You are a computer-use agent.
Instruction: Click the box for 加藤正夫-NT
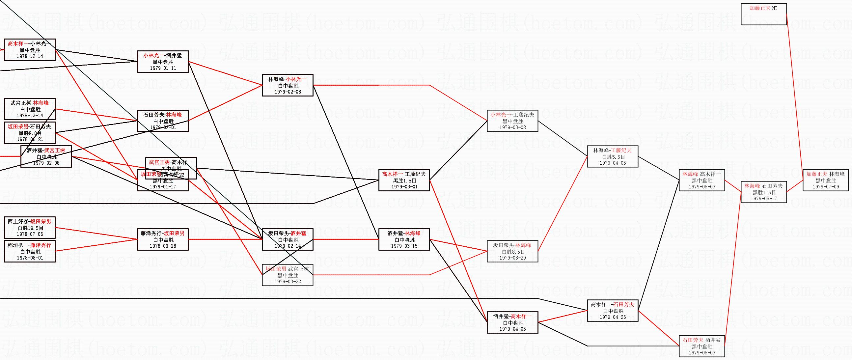763,14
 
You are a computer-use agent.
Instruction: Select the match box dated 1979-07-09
826,180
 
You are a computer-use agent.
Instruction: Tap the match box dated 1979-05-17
763,192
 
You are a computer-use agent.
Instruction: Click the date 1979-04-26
612,317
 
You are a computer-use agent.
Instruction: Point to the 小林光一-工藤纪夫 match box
512,121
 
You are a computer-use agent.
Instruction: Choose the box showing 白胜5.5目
612,156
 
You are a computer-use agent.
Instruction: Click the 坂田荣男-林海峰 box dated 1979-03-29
512,251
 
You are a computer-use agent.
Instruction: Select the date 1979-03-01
404,187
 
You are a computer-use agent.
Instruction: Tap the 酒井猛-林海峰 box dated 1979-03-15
404,239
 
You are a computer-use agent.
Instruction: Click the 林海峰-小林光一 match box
288,85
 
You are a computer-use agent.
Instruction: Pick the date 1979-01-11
163,68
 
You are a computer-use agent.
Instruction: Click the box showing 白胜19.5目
29,228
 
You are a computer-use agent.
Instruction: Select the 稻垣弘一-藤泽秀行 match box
29,251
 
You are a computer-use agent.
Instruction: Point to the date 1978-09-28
163,246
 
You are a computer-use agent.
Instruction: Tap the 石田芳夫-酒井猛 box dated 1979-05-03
702,346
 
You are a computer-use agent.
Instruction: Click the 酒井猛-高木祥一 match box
512,322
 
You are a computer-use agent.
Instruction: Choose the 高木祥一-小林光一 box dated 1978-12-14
29,50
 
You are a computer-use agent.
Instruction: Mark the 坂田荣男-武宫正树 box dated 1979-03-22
288,275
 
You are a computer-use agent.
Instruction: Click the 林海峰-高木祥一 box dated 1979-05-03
702,180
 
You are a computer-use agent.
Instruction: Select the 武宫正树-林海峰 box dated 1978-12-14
29,109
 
